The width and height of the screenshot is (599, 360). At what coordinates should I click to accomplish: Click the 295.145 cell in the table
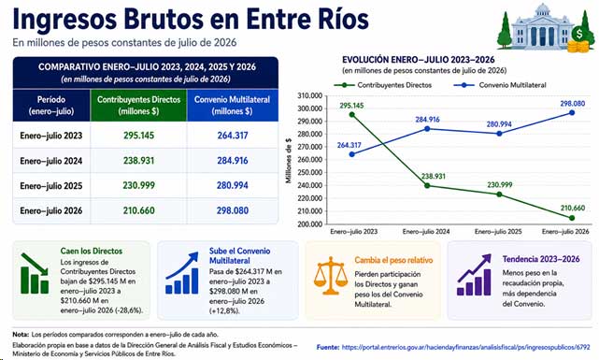click(138, 136)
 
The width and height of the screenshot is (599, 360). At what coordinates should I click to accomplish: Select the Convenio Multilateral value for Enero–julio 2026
click(233, 210)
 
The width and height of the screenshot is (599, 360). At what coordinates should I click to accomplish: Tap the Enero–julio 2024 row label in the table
click(51, 161)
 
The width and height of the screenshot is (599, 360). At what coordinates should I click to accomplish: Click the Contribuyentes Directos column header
click(138, 106)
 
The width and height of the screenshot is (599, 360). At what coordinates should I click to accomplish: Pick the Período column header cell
click(51, 106)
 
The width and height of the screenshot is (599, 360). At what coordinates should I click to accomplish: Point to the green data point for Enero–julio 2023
click(352, 115)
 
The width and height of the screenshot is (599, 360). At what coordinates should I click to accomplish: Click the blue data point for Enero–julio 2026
click(572, 113)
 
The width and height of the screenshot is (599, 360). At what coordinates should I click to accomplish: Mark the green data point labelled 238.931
click(427, 186)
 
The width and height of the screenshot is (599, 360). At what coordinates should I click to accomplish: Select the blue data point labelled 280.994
click(499, 134)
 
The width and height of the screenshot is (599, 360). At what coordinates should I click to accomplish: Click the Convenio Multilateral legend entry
click(500, 85)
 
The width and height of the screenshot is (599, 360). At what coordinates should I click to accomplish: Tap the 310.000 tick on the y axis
click(310, 95)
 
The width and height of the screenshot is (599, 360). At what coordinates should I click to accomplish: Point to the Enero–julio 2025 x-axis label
click(498, 232)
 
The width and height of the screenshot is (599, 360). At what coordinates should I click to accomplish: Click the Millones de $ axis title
click(289, 161)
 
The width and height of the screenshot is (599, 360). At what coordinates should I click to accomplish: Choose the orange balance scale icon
click(331, 276)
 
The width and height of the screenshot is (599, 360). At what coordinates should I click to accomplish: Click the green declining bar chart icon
click(35, 273)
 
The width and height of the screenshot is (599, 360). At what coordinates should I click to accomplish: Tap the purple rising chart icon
click(474, 275)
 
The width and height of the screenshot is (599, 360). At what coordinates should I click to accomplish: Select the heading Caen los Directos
click(92, 252)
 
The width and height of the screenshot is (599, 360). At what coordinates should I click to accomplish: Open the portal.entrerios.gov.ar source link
click(465, 348)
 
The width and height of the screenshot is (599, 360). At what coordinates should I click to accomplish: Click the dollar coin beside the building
click(579, 34)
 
